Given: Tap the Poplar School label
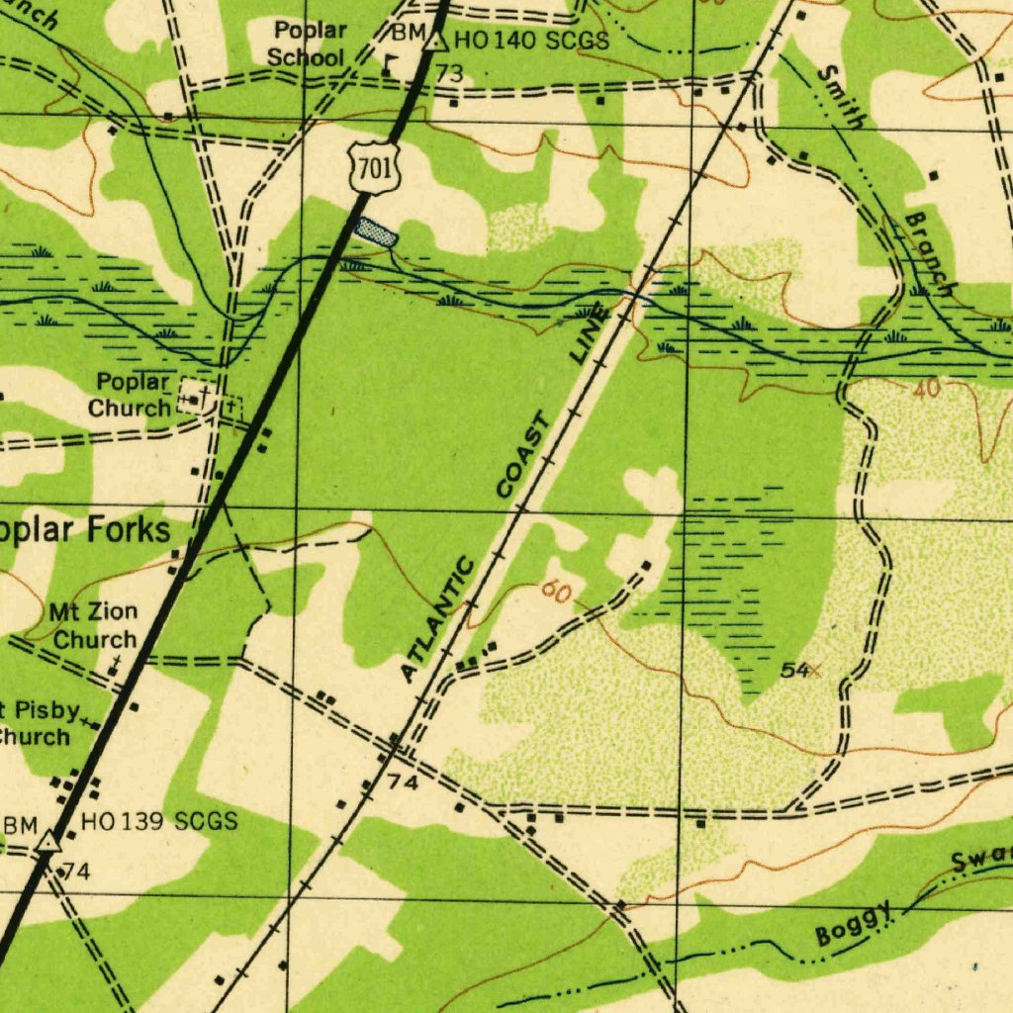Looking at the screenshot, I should pos(308,44).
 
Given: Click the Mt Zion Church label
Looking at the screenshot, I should pos(94,625).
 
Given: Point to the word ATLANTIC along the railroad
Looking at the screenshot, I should pos(438,620).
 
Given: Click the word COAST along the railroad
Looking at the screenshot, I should pos(522,457).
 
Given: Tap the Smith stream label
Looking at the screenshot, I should pos(842,95).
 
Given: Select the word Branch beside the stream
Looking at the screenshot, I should pos(932,253).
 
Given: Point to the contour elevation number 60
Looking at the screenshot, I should pos(556,593).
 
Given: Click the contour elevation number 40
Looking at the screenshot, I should pos(927,389).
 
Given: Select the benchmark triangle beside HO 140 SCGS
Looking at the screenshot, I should pos(435,42).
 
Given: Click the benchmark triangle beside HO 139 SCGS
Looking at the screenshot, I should pos(46,843).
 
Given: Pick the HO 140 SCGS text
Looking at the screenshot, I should pos(531,41).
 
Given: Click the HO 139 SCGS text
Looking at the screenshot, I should pos(158,821).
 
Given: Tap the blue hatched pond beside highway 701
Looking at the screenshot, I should pos(377,232).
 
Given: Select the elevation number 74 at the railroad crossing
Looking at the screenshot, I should pos(405,783).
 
